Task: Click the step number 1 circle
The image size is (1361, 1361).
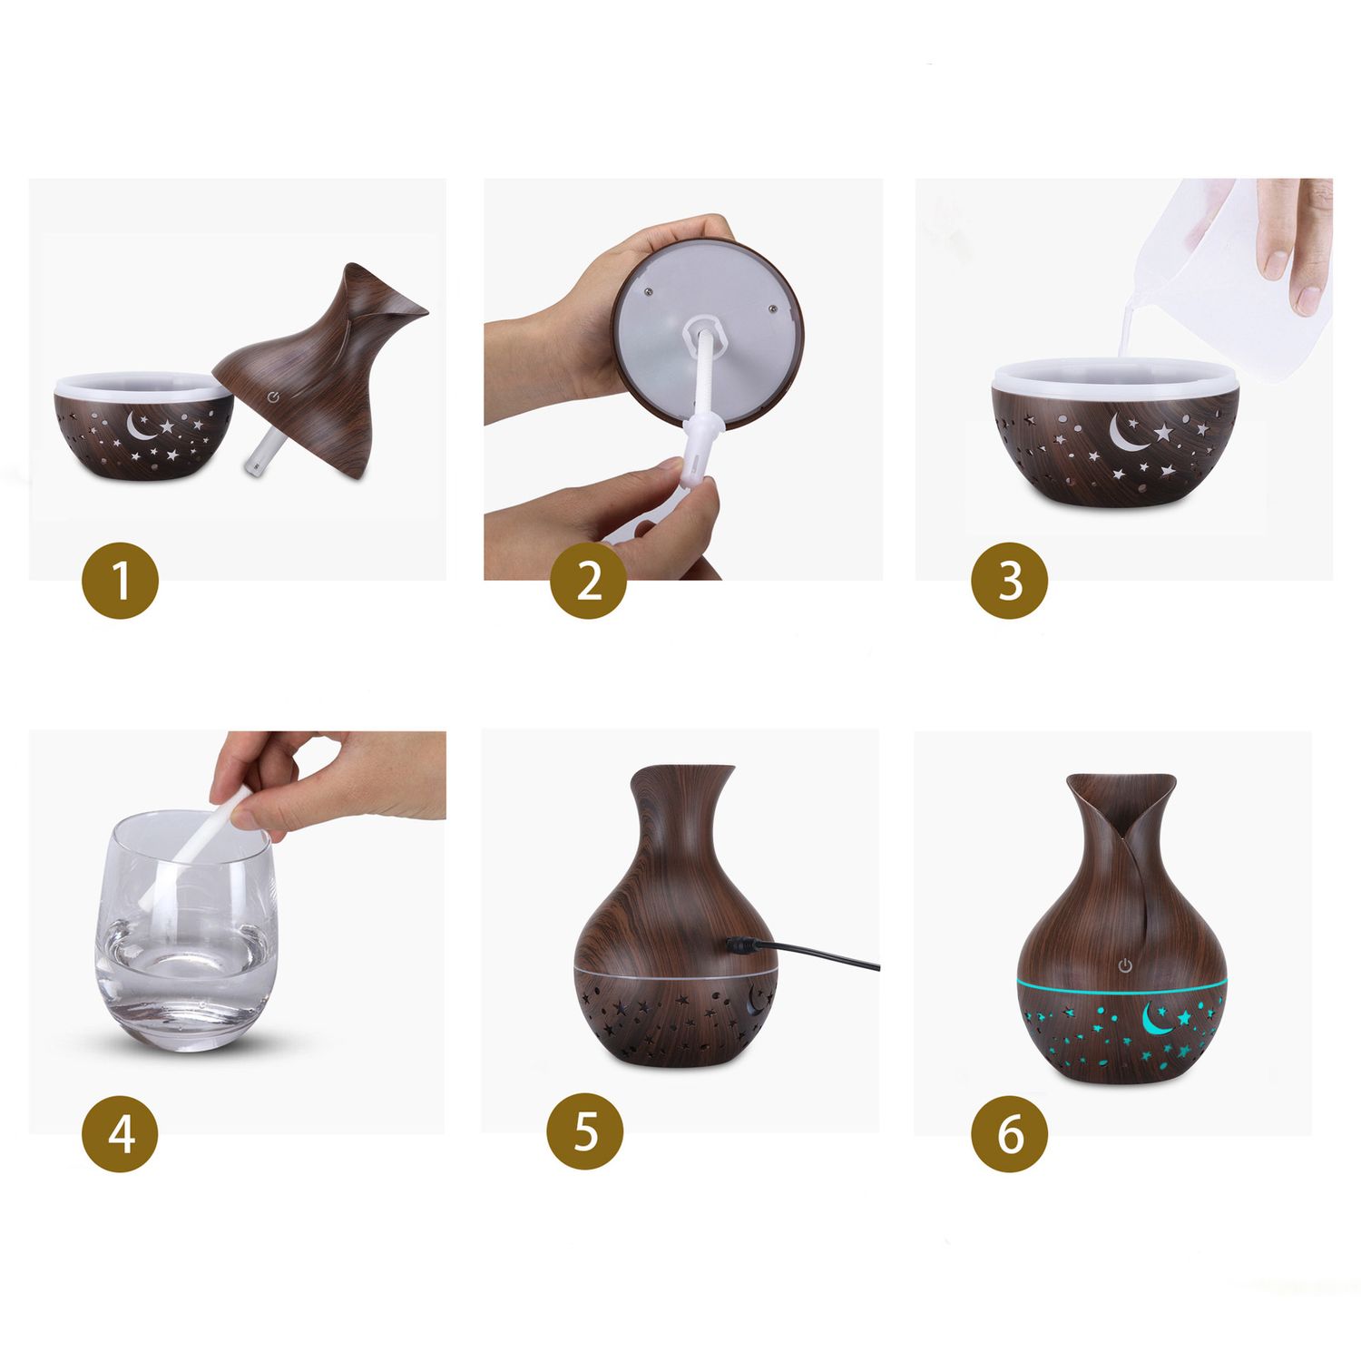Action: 121,580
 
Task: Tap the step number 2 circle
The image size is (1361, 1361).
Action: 589,580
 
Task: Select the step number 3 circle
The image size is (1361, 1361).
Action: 1010,580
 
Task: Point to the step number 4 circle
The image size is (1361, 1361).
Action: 121,1133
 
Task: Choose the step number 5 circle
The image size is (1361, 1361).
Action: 585,1133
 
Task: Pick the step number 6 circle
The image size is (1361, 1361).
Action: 1010,1133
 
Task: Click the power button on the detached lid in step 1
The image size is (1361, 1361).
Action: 274,396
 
